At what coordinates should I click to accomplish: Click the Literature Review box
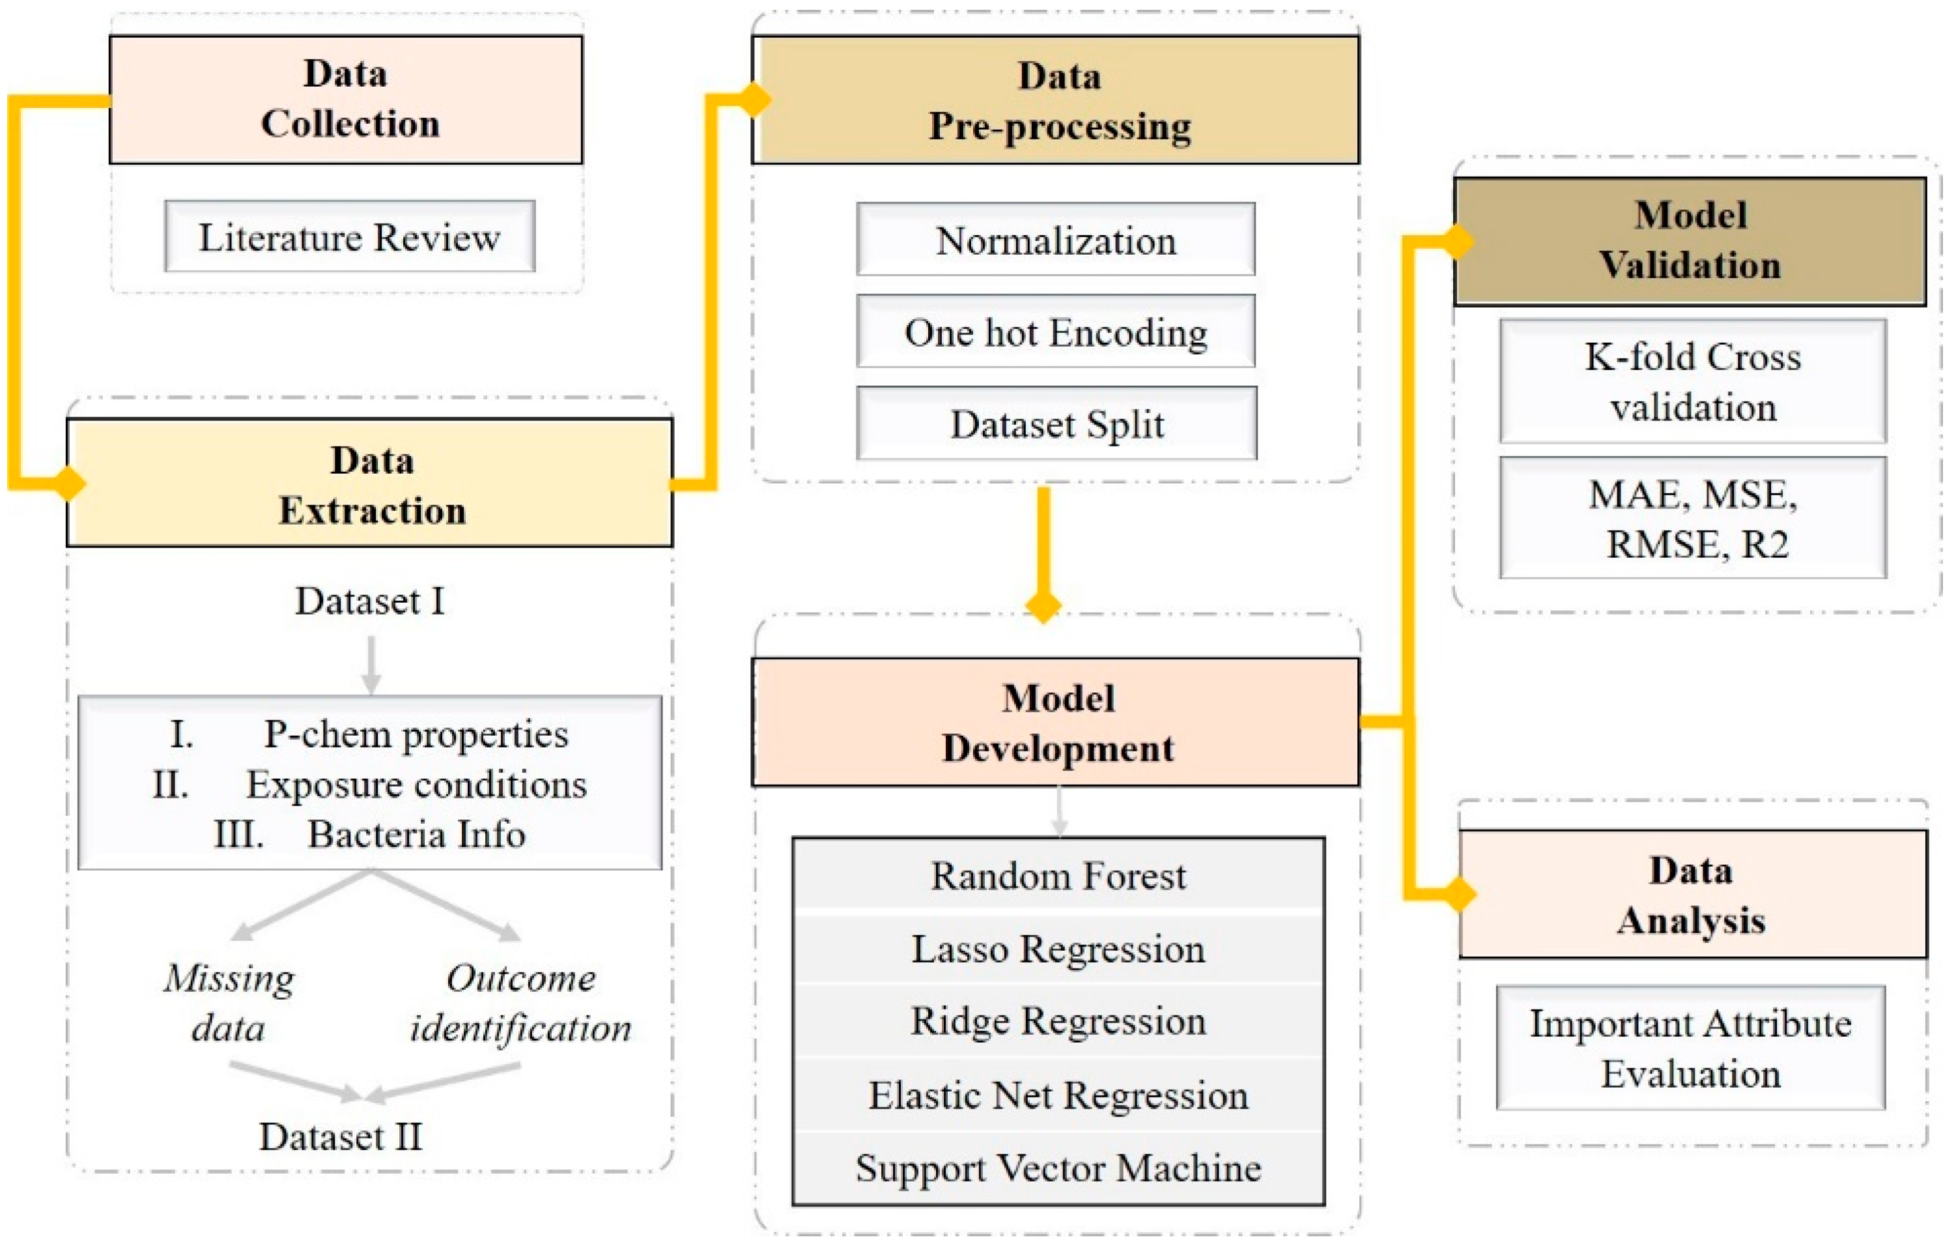coord(349,237)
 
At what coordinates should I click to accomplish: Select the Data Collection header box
coord(346,99)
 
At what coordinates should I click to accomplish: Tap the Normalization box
coord(1055,240)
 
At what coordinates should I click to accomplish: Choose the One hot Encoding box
coord(1055,332)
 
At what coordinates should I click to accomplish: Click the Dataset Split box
coord(1056,424)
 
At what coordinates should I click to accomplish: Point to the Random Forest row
coord(1058,875)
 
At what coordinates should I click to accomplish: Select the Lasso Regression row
coord(1058,948)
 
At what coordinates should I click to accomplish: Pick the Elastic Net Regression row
coord(1058,1094)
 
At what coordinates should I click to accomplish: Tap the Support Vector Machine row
coord(1058,1167)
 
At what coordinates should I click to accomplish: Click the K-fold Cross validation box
coord(1692,381)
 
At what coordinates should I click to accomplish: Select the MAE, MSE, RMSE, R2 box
coord(1692,517)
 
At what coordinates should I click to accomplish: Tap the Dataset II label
coord(341,1135)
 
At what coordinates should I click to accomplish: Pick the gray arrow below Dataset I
coord(371,665)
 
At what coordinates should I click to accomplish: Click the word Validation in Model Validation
coord(1690,265)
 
